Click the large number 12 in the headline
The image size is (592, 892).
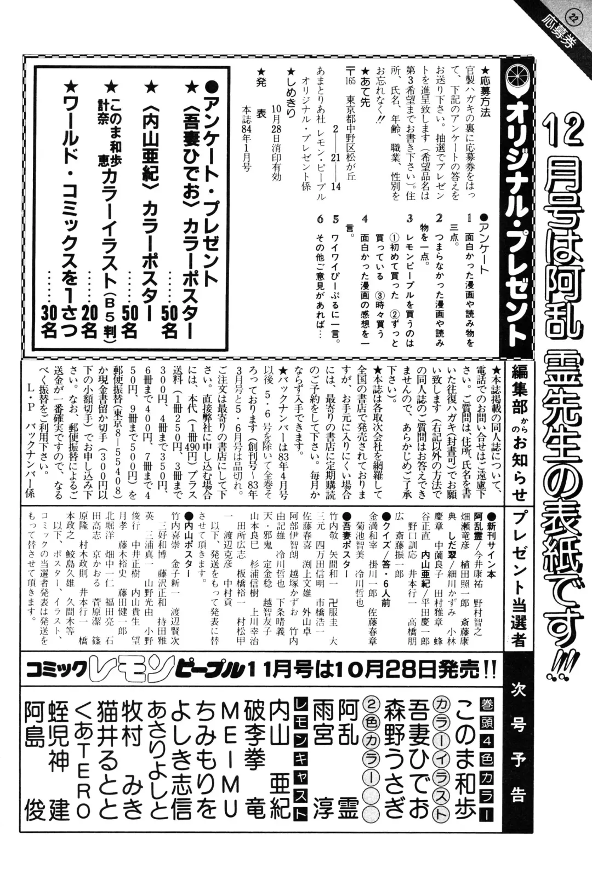(x=561, y=130)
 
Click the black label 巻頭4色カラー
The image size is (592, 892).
(x=486, y=761)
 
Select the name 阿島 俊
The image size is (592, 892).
(x=35, y=761)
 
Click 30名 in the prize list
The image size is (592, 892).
(x=50, y=321)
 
